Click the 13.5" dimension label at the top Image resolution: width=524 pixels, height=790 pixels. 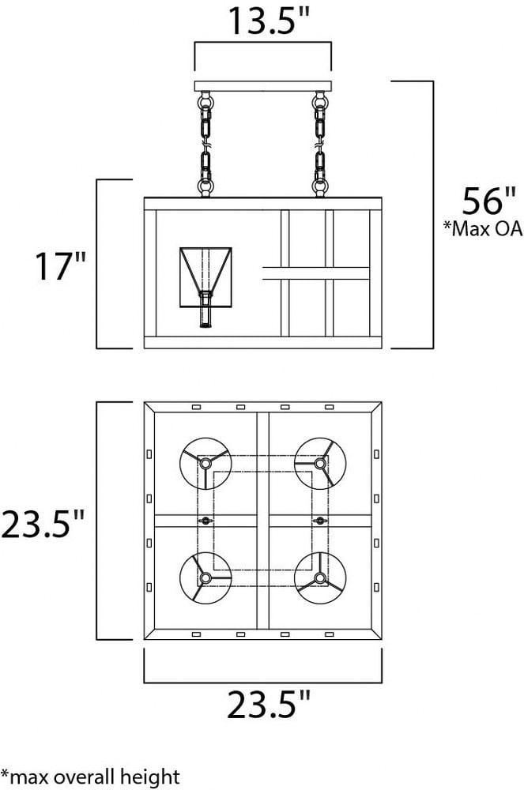pyautogui.click(x=268, y=21)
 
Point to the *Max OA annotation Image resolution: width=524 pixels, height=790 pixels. pyautogui.click(x=482, y=228)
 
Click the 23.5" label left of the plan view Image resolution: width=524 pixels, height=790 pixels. pyautogui.click(x=43, y=524)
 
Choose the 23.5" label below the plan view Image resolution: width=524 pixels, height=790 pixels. pyautogui.click(x=269, y=705)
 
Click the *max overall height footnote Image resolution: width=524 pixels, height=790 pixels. pyautogui.click(x=90, y=777)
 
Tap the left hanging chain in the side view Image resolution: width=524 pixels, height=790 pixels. pyautogui.click(x=205, y=144)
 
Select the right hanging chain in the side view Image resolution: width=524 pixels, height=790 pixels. pyautogui.click(x=319, y=144)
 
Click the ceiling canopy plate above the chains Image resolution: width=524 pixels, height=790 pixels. pyautogui.click(x=262, y=86)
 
